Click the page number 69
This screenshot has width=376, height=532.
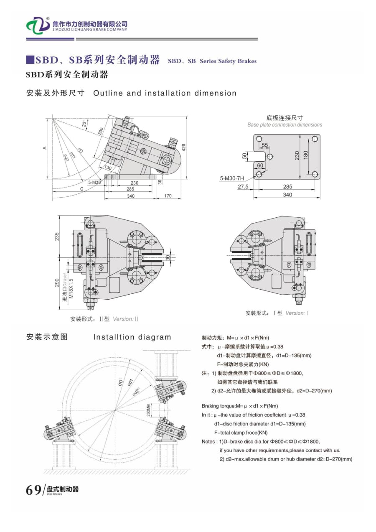coord(33,489)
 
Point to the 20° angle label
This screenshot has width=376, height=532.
coord(84,124)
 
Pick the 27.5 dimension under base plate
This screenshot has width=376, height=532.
coord(243,187)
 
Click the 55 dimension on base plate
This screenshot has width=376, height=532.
coord(265,145)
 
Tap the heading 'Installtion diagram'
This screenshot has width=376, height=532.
coord(132,337)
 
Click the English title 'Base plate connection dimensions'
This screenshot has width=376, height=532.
coord(285,125)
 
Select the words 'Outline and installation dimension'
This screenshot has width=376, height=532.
coord(165,93)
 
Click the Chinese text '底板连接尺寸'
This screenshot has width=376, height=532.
coord(285,118)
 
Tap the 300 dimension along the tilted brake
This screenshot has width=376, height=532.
coord(100,130)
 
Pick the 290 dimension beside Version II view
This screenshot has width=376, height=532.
coord(57,283)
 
